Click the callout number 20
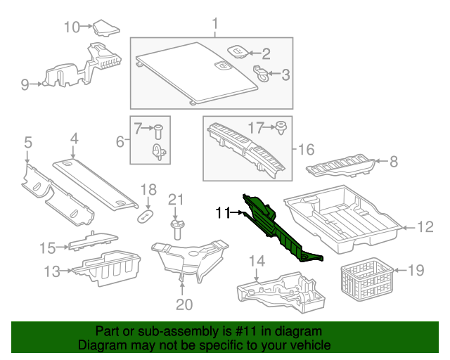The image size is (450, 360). pos(183,304)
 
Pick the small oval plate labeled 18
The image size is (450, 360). pos(146,214)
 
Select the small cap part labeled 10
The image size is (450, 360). pos(105,29)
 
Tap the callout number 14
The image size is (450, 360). pos(257,262)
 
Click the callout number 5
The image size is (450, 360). pos(27,143)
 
